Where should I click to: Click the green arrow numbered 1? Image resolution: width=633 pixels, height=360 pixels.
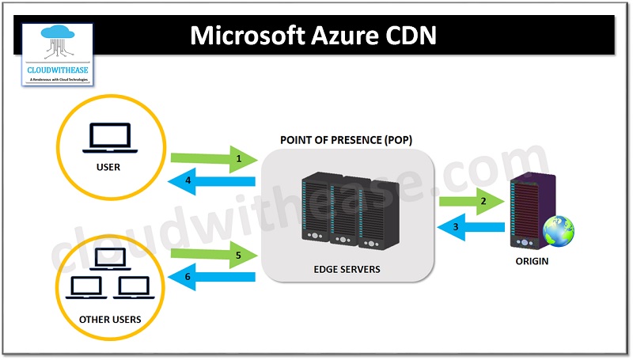click(x=214, y=158)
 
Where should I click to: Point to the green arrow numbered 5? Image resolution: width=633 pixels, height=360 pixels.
click(x=214, y=255)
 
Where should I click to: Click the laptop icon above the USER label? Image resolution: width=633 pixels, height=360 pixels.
click(x=110, y=139)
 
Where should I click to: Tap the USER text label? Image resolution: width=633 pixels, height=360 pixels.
click(x=110, y=168)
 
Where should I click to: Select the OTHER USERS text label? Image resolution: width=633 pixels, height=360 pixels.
click(x=110, y=320)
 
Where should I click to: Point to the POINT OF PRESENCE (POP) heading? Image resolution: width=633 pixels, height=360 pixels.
click(x=346, y=140)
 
